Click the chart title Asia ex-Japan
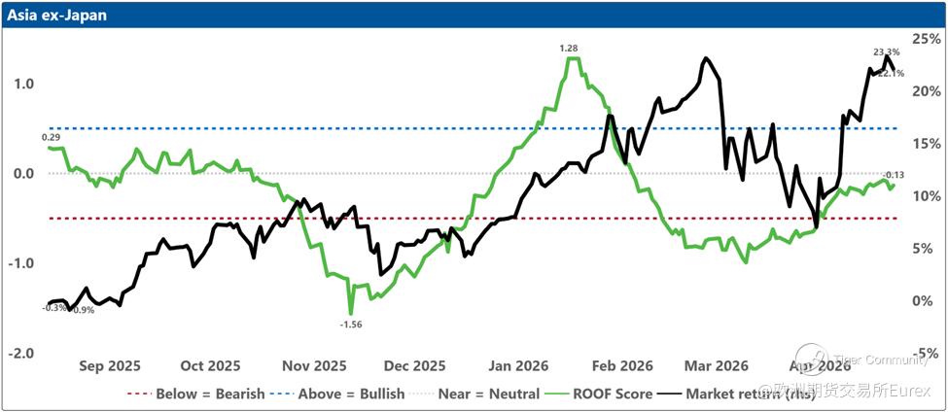click(x=53, y=16)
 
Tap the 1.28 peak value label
click(x=569, y=48)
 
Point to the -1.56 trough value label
click(x=351, y=324)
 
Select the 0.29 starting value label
click(x=51, y=137)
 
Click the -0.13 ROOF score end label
click(x=892, y=175)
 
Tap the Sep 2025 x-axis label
click(x=109, y=365)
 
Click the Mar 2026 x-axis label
click(x=717, y=365)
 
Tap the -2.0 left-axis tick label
click(x=21, y=353)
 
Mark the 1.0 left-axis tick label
click(x=23, y=84)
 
